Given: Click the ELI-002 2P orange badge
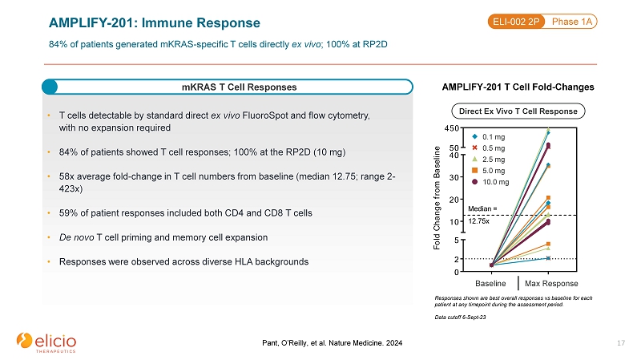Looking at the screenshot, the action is tap(516, 22).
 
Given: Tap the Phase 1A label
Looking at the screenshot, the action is tap(571, 22).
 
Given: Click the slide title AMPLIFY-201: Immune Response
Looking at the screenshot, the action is tap(154, 23).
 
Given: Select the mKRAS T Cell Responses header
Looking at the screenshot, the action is tap(239, 87).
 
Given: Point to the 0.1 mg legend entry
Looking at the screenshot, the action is tap(489, 137).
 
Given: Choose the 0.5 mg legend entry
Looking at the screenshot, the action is tap(489, 148).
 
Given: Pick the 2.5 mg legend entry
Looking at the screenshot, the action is tap(489, 160).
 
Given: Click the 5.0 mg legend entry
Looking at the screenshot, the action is tap(489, 171).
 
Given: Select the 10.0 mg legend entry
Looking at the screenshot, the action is tap(490, 182).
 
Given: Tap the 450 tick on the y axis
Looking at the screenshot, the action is tap(452, 128).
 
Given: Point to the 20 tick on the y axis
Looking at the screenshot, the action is tap(454, 200).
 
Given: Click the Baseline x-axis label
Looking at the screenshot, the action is tap(490, 284).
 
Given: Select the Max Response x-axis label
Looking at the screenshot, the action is tap(551, 284).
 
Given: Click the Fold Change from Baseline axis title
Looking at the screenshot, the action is tap(437, 198).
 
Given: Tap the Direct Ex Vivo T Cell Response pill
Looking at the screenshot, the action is tap(518, 111).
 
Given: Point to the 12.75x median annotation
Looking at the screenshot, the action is tap(478, 221).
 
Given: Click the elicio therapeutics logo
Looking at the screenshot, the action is tap(46, 342).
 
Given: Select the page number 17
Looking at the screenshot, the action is tap(621, 343).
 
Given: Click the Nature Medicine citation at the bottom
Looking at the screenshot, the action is tap(332, 343).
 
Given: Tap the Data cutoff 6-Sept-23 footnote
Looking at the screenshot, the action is tap(460, 317).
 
